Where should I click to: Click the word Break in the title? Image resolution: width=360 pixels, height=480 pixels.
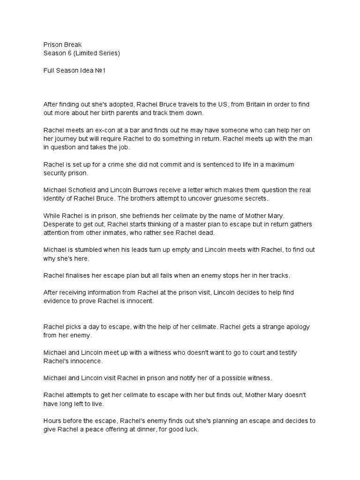(72, 45)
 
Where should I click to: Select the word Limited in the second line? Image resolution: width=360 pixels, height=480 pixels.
(88, 53)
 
